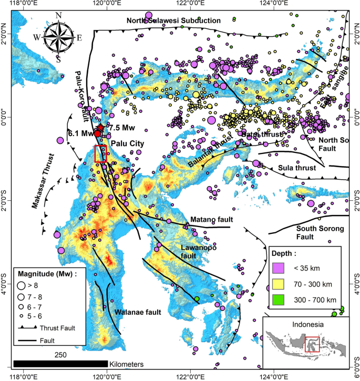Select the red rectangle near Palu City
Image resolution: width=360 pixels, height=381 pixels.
click(x=100, y=153)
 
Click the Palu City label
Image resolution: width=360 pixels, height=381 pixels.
click(x=128, y=142)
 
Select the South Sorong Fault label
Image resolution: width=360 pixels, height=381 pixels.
click(x=320, y=233)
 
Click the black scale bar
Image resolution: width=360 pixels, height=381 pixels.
click(x=60, y=364)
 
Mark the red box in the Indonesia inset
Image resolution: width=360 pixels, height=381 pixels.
click(x=312, y=344)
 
